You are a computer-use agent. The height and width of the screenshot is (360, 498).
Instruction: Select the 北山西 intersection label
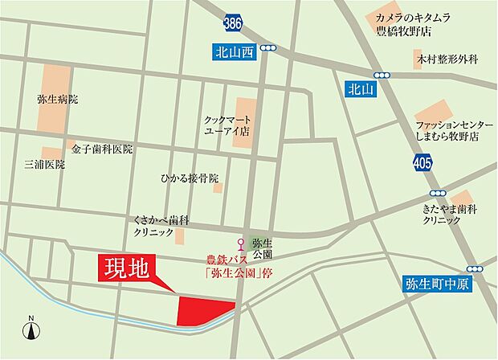click(x=233, y=53)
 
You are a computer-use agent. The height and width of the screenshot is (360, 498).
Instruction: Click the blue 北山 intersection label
click(x=356, y=90)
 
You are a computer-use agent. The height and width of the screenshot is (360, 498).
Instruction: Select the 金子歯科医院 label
click(x=101, y=149)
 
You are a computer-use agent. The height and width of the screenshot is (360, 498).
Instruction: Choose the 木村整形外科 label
click(x=447, y=59)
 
